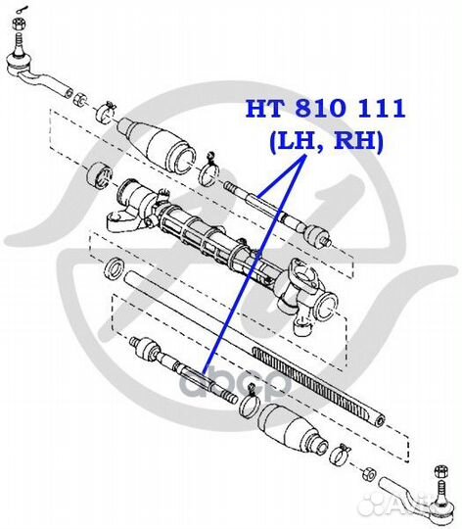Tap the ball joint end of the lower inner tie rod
[x=144, y=347]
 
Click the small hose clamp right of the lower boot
[x=343, y=453]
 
